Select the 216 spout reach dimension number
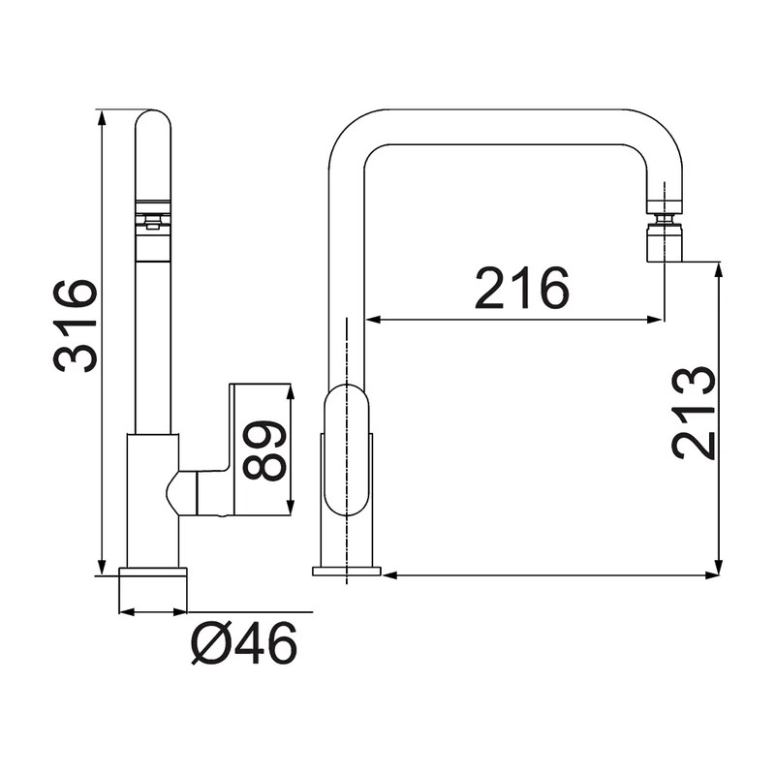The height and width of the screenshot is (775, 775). click(521, 289)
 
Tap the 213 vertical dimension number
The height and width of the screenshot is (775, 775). click(694, 414)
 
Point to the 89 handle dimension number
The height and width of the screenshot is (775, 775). click(263, 451)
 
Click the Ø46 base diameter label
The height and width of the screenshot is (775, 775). click(243, 643)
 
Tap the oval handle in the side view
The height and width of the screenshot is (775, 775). click(347, 449)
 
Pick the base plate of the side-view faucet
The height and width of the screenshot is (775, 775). click(346, 571)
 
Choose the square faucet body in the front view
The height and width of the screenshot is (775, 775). click(152, 500)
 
